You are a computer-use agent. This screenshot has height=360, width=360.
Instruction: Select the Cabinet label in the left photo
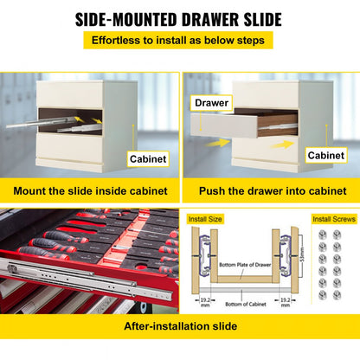pyautogui.click(x=149, y=159)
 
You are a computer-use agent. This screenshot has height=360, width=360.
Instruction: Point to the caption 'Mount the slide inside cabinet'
pyautogui.click(x=90, y=190)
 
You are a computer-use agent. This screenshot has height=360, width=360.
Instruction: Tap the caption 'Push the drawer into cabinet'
pyautogui.click(x=272, y=190)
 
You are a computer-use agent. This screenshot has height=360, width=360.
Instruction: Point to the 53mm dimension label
pyautogui.click(x=298, y=255)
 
